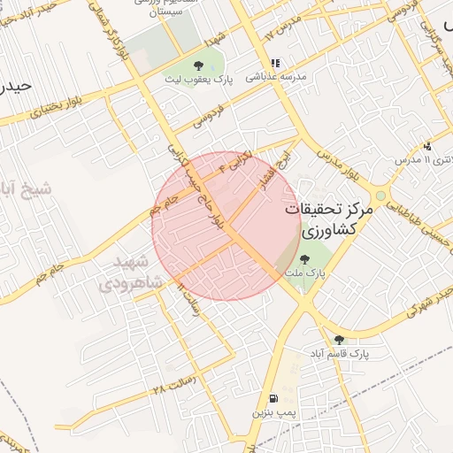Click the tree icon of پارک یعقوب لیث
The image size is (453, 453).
[x=197, y=65]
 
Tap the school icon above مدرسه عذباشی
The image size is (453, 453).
[x=275, y=64]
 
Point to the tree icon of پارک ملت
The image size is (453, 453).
[x=305, y=259]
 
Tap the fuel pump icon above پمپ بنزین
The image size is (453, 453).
[x=273, y=398]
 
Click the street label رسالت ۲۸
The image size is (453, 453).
[x=172, y=388]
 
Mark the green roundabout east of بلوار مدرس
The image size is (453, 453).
[x=381, y=196]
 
